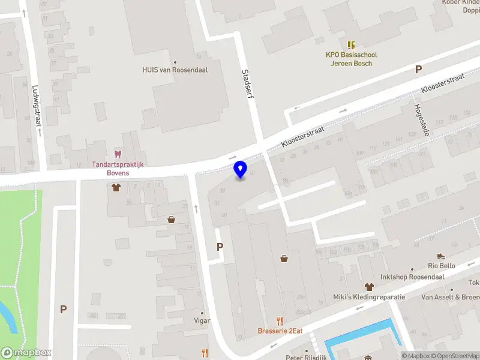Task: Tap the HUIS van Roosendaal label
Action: pos(175,70)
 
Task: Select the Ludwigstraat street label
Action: pos(37,106)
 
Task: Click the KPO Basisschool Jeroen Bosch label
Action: pos(349,59)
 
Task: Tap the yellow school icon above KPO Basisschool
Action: pos(351,44)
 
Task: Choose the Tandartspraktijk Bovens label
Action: pos(118,169)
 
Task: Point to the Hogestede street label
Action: pos(420,119)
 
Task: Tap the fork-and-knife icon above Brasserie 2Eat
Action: pos(279,320)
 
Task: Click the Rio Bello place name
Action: pos(441,266)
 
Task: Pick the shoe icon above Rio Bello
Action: pos(441,255)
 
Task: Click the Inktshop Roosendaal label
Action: pos(412,277)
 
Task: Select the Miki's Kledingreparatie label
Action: pos(369,297)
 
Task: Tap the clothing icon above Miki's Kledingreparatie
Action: pos(368,286)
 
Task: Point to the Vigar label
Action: pos(202,320)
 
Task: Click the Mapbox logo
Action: pos(26,353)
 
